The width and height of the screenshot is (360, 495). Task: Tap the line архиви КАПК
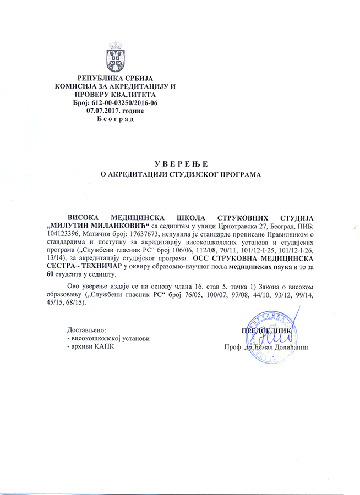coord(91,348)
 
